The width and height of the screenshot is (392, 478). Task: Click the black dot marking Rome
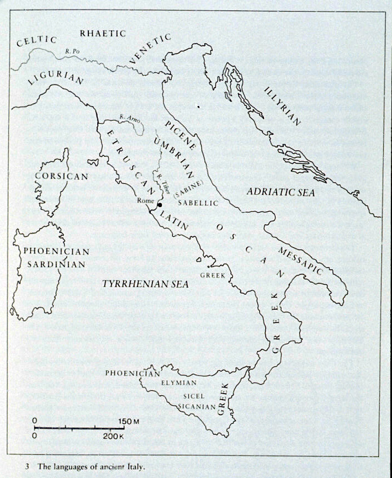160,205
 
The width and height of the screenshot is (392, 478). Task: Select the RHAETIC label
103,33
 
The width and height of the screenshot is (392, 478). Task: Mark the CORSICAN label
61,177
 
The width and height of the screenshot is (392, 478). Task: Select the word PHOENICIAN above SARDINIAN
56,251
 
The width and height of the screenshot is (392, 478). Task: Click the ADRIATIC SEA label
280,192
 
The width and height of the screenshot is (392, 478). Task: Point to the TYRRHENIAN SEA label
145,283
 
